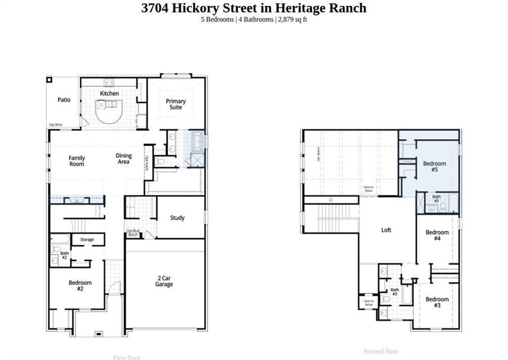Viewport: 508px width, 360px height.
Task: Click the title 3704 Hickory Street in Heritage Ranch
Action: coord(254,8)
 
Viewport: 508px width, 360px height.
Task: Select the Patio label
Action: coord(64,100)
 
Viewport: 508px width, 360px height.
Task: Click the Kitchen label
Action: coord(109,94)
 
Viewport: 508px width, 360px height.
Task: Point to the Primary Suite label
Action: coord(176,104)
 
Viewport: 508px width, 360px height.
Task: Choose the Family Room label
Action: coord(76,161)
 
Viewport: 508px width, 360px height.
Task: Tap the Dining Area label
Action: coord(124,158)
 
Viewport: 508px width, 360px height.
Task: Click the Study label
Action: coord(177,218)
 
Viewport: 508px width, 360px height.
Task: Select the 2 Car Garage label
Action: coord(165,281)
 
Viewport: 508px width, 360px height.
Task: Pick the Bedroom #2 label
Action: coord(80,286)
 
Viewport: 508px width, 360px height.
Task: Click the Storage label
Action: coord(87,240)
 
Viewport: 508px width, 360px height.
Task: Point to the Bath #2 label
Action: coord(64,255)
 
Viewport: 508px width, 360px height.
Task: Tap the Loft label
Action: coord(386,230)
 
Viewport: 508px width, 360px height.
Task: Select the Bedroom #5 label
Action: coord(435,166)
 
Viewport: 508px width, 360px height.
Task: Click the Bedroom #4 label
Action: coord(437,235)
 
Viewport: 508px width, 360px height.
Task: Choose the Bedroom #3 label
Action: coord(437,302)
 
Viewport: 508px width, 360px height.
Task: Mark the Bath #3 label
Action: coord(395,292)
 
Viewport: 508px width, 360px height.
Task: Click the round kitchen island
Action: coord(110,112)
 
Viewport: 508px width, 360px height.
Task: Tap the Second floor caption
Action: coord(381,351)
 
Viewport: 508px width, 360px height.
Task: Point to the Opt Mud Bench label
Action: coord(133,233)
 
